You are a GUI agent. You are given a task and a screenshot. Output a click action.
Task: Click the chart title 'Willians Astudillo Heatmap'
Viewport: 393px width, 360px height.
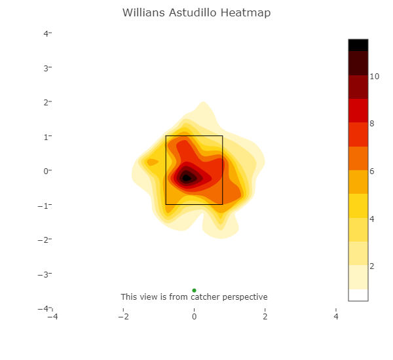click(x=196, y=13)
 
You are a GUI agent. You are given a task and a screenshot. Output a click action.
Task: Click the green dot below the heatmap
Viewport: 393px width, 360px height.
click(x=194, y=290)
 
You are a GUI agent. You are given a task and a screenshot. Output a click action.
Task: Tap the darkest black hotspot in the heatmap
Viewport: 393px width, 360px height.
click(x=186, y=177)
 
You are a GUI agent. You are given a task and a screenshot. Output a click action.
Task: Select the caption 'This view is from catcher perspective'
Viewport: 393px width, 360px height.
click(x=194, y=297)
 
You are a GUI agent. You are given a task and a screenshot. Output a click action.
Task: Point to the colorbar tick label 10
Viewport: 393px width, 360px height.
click(x=374, y=77)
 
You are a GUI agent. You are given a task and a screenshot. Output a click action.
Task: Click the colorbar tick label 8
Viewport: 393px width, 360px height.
click(x=372, y=124)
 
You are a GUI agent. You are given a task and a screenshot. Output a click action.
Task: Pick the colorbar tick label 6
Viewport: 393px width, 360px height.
click(x=372, y=171)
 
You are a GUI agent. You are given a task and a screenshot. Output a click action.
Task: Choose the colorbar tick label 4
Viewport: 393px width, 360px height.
click(x=372, y=219)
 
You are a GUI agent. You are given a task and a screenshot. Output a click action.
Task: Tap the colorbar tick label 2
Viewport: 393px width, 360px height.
click(x=372, y=266)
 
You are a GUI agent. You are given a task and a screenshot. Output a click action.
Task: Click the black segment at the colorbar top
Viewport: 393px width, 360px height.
click(x=358, y=45)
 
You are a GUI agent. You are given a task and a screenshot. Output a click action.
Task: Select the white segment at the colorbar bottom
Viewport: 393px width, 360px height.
click(x=358, y=295)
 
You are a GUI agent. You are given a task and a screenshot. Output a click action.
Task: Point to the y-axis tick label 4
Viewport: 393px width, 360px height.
click(x=45, y=33)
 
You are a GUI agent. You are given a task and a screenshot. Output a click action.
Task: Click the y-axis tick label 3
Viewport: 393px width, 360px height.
click(x=45, y=68)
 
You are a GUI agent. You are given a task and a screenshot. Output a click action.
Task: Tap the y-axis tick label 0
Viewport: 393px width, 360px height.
click(x=45, y=171)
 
